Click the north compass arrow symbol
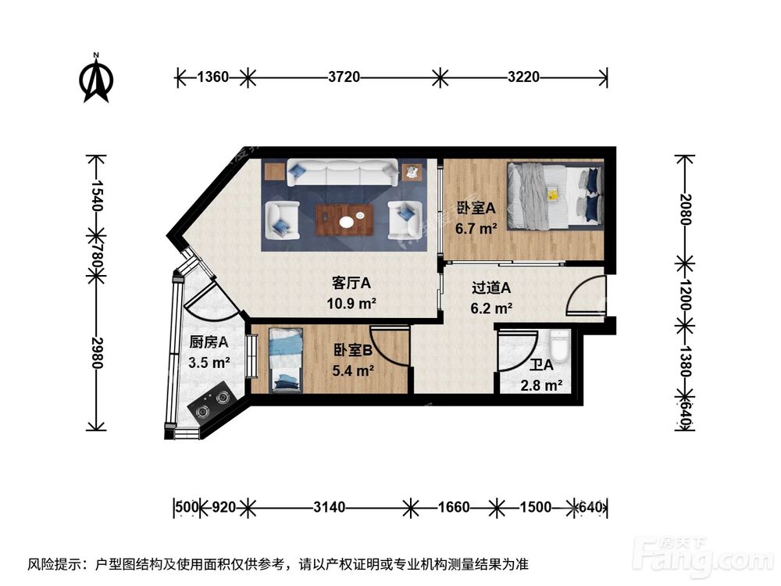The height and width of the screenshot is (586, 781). [x=97, y=78]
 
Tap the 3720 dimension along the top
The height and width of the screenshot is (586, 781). [x=344, y=77]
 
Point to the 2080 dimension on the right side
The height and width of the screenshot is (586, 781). [x=685, y=209]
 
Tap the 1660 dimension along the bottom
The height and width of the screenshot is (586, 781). [x=454, y=508]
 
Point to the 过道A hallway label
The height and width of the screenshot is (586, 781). [x=491, y=288]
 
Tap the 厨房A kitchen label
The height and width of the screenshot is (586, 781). [x=209, y=341]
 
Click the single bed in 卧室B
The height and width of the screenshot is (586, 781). [x=285, y=359]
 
